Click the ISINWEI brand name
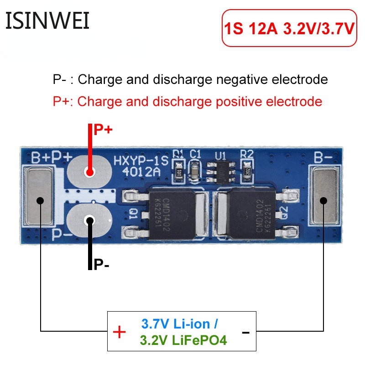[x=47, y=21]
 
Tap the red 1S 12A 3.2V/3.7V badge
[x=289, y=28]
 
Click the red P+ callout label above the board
[x=103, y=130]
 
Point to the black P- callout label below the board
[x=101, y=264]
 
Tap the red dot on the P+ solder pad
[x=89, y=172]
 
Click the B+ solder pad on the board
[x=40, y=196]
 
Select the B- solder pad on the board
[x=325, y=197]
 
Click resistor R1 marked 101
[x=179, y=172]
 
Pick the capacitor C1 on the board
[x=194, y=172]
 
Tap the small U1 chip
[x=221, y=172]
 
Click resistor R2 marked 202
[x=247, y=172]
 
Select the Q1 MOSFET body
[x=172, y=214]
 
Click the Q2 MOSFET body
[x=253, y=214]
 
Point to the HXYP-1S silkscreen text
[x=141, y=161]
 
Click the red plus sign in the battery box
[x=119, y=332]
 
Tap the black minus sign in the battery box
[x=245, y=333]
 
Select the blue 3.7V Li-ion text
[x=179, y=324]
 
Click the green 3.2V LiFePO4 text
[x=183, y=340]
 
